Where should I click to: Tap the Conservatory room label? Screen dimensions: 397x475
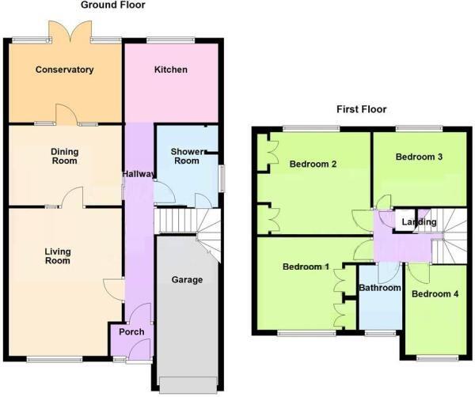click(x=65, y=70)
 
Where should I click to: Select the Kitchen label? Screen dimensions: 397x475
click(x=170, y=70)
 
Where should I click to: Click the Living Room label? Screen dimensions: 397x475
click(x=58, y=256)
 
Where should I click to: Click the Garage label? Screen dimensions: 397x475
click(x=188, y=280)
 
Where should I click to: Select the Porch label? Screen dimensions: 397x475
click(x=131, y=332)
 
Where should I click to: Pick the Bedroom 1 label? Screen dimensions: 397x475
click(x=306, y=267)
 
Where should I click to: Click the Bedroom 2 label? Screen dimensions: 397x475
click(x=313, y=164)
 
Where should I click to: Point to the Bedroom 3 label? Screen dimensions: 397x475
click(x=419, y=157)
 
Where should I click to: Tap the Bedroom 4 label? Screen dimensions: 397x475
click(x=435, y=295)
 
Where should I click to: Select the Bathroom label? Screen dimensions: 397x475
click(x=380, y=289)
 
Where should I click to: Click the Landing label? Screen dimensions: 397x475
click(x=419, y=222)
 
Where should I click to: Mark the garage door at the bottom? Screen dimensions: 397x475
click(x=187, y=385)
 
